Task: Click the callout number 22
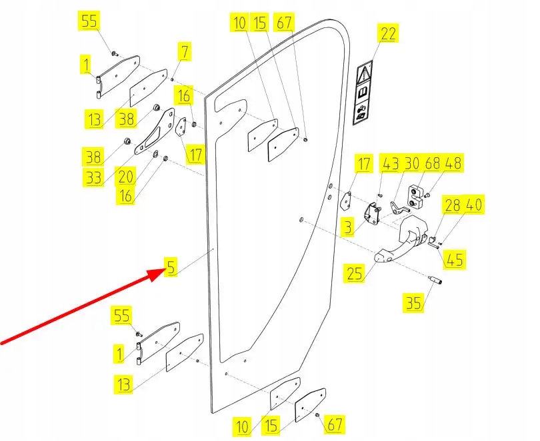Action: coord(388,33)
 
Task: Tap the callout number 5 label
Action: coord(171,268)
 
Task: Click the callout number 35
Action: coord(413,304)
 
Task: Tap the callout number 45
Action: coord(456,258)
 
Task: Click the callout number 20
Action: coord(126,177)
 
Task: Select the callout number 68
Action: coord(433,163)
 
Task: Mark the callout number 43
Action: coord(390,163)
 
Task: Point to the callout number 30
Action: coord(411,163)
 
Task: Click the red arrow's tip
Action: coord(157,270)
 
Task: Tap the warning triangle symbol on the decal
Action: coord(366,71)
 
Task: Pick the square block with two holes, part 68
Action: coord(417,195)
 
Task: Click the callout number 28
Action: coord(453,205)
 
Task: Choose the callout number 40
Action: coord(475,205)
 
